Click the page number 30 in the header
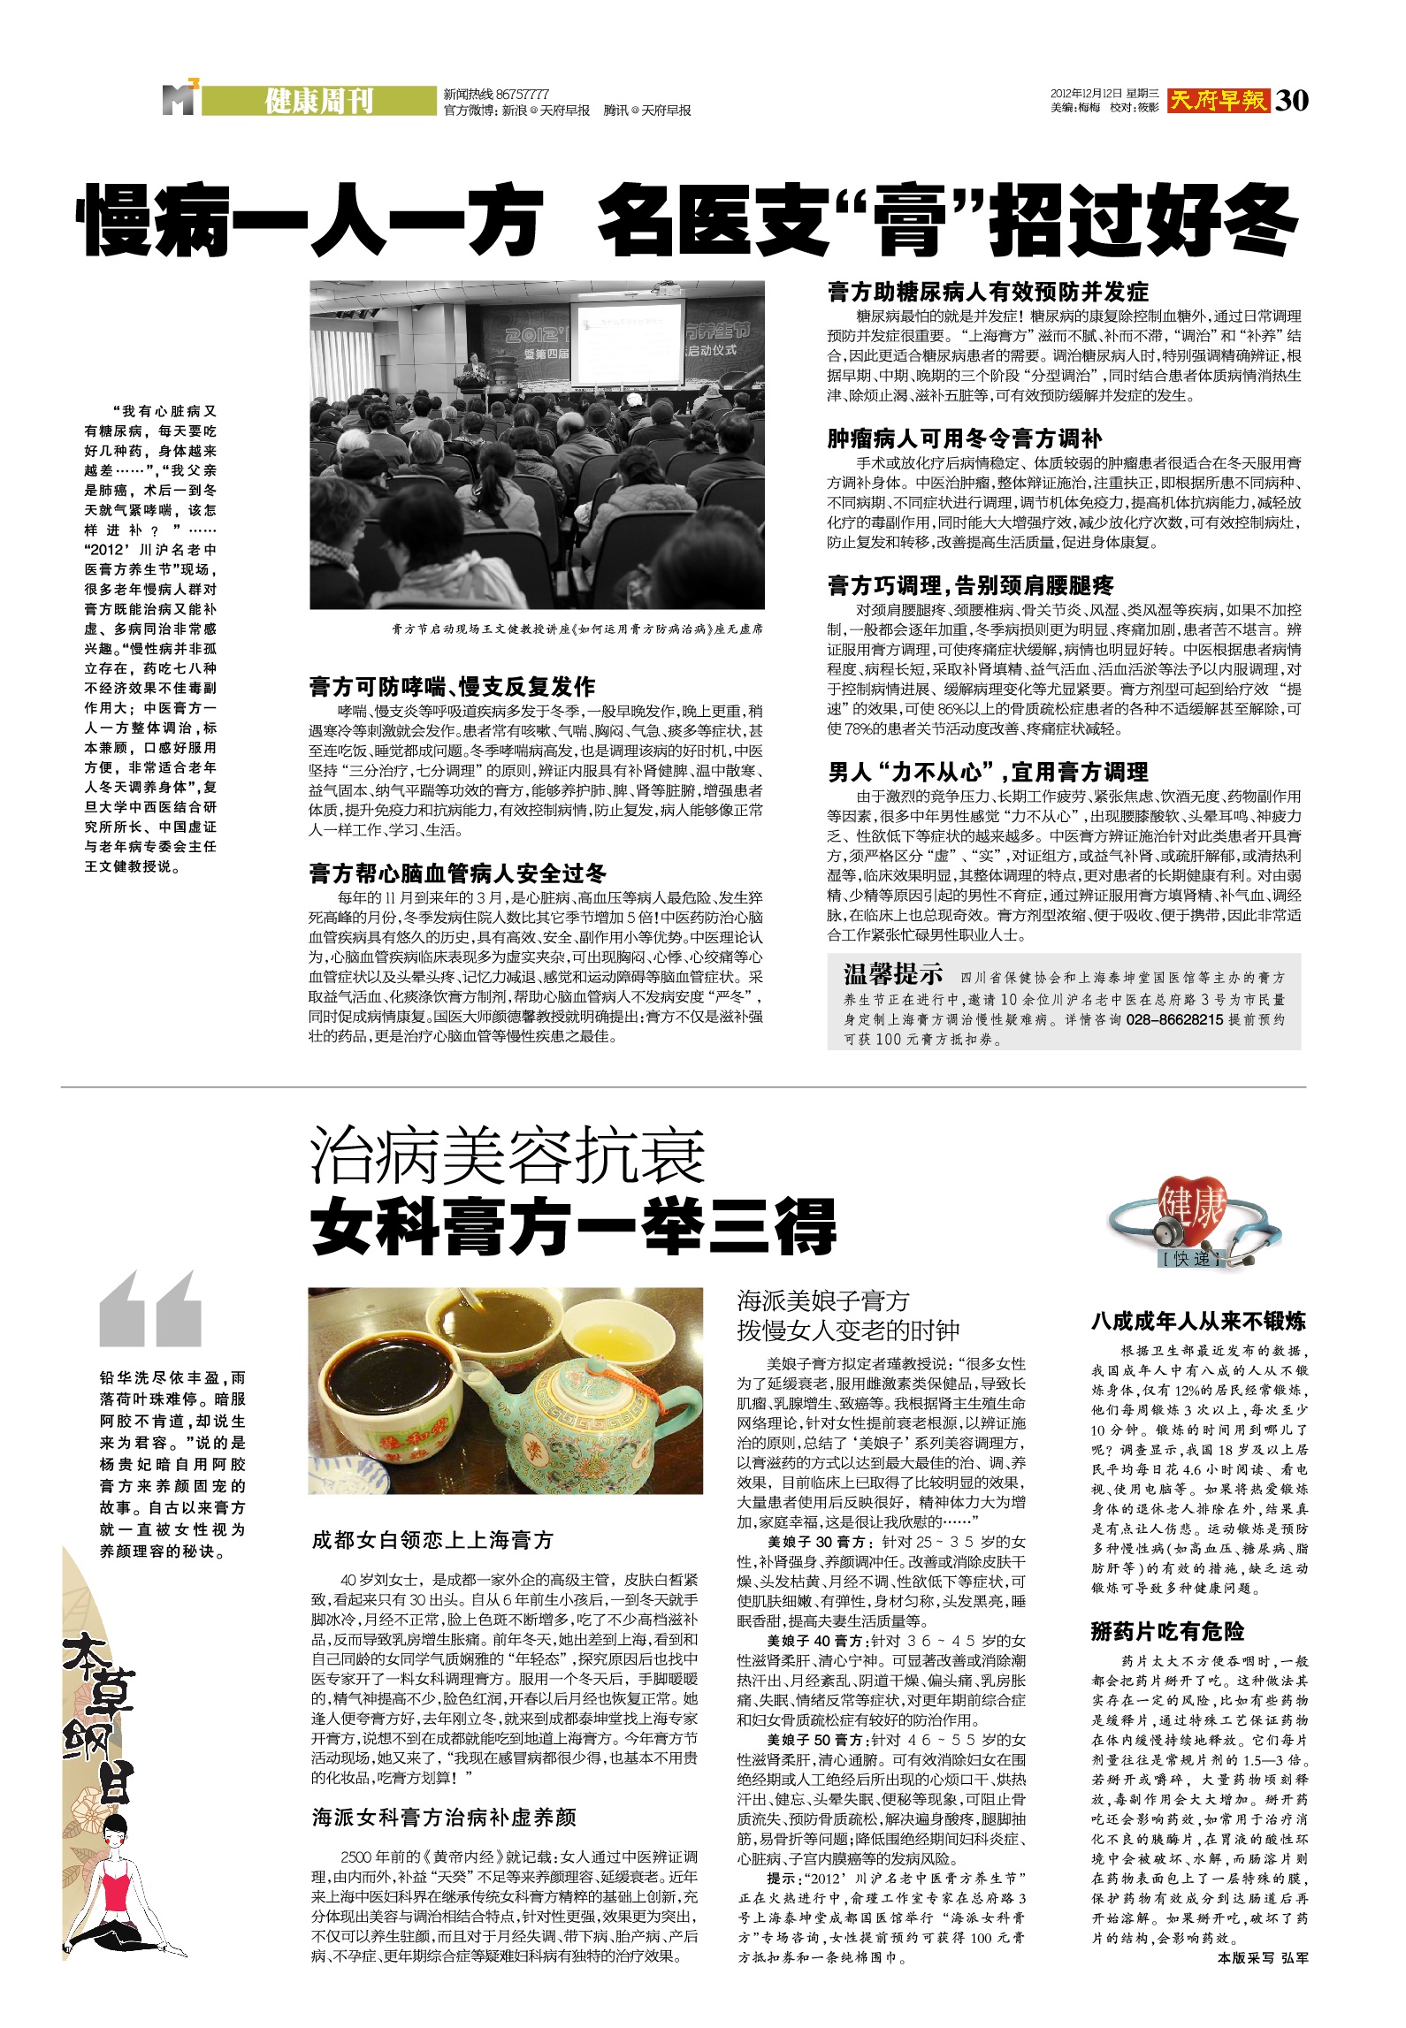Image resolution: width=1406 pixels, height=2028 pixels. [1292, 101]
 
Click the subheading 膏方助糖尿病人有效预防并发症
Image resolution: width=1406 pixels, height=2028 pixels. [988, 292]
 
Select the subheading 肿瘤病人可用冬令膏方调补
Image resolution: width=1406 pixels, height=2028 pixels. [965, 438]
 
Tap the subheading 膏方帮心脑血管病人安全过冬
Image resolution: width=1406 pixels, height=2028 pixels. [457, 874]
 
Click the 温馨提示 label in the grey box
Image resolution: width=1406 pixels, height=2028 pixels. [893, 975]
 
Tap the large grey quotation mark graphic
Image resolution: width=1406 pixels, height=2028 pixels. [151, 1309]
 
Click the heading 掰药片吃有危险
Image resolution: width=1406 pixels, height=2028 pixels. [1167, 1632]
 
